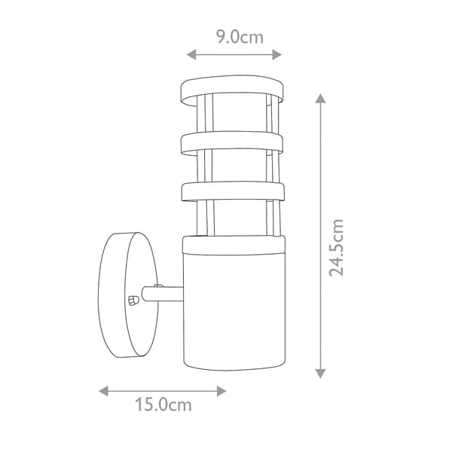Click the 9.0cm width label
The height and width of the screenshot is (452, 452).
240,37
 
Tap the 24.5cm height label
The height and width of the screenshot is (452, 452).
337,248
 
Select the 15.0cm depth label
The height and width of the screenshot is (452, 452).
163,405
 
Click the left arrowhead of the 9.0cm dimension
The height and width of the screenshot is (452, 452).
191,54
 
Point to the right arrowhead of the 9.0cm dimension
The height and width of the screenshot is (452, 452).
277,54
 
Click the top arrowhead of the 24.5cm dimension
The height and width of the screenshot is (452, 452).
320,98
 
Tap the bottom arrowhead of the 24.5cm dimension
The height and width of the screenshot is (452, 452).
320,374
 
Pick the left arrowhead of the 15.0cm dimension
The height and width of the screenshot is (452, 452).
103,391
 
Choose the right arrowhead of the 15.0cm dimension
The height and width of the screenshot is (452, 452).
221,391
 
